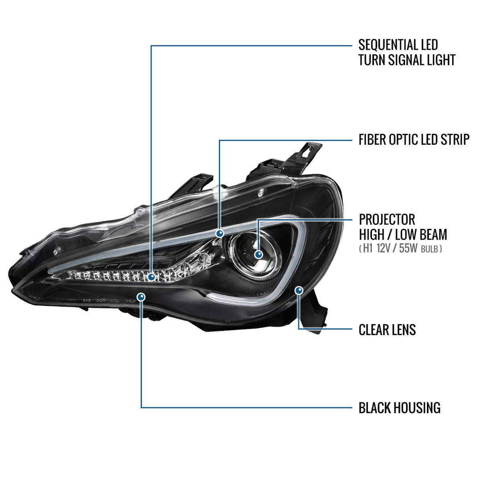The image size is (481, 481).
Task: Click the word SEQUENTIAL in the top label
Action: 387,45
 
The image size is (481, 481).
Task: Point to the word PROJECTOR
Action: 387,220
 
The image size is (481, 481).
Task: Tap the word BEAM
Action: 433,234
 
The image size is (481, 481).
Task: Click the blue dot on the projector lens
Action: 259,255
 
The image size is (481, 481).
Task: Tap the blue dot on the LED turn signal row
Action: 151,277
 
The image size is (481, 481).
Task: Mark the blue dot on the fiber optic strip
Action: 220,234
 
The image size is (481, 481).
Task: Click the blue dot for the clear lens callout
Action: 299,291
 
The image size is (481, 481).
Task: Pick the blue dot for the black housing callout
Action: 141,297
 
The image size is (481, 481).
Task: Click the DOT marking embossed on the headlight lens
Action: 101,300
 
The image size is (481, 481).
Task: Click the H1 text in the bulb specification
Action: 368,249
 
